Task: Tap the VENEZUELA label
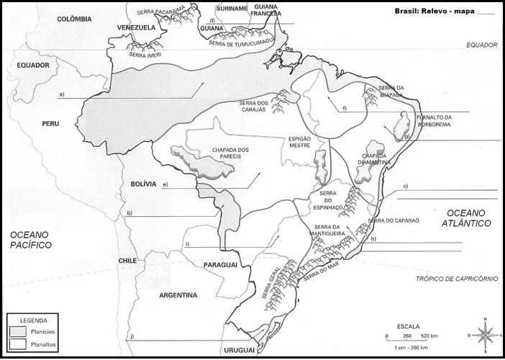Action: (x=137, y=27)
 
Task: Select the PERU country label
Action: (x=50, y=124)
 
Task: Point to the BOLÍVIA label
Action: (x=143, y=184)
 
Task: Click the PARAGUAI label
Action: (x=221, y=266)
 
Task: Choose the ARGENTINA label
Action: (x=177, y=295)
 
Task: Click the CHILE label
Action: (x=127, y=261)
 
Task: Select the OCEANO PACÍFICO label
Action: (x=30, y=240)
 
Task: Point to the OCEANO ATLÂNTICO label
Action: (x=468, y=218)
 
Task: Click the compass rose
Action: (x=485, y=335)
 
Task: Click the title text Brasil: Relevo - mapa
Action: (x=435, y=11)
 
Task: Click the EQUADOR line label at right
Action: (x=481, y=45)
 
